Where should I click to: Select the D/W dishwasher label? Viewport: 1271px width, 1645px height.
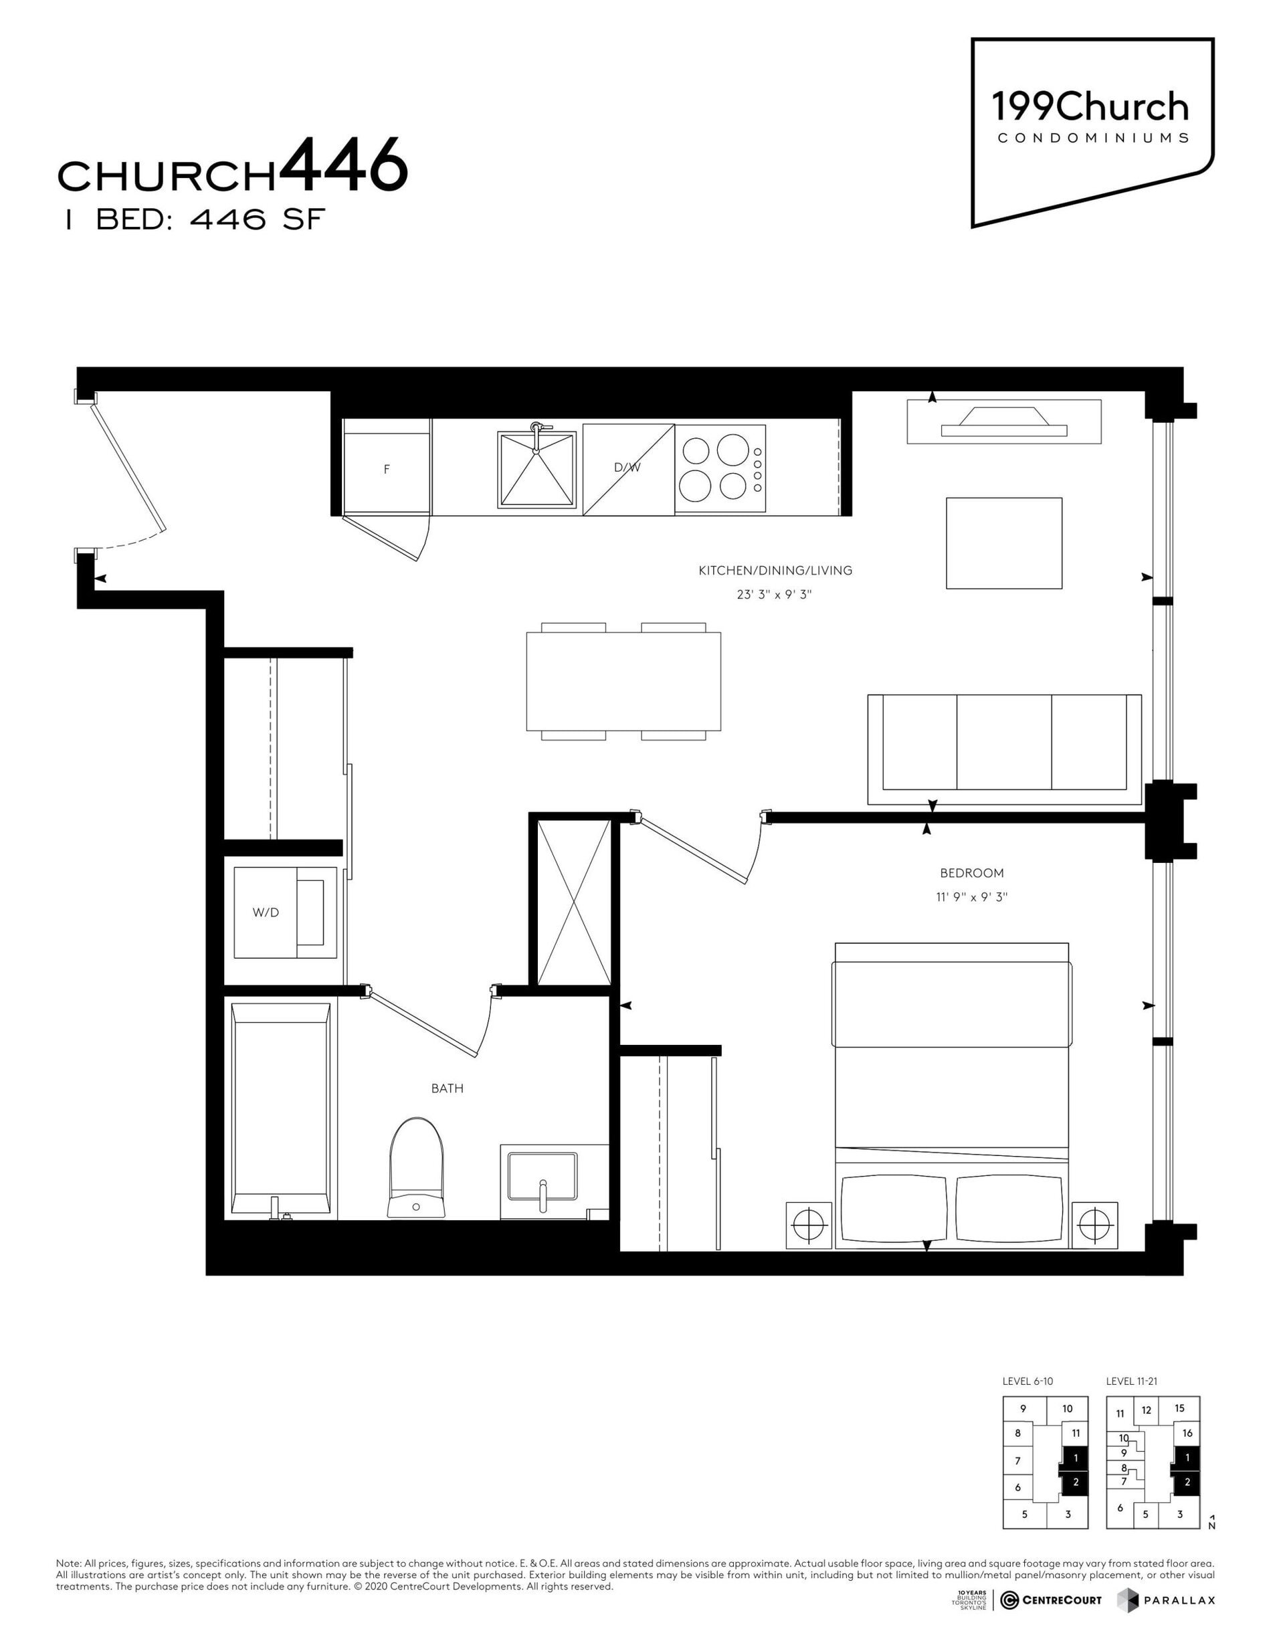(627, 467)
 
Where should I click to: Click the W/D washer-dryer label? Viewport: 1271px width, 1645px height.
(266, 912)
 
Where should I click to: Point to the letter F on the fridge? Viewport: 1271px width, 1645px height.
(387, 469)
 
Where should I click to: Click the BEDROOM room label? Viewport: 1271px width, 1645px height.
(972, 873)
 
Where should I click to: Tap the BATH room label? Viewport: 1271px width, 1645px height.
(448, 1088)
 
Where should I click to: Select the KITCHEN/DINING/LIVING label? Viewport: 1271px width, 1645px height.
(775, 571)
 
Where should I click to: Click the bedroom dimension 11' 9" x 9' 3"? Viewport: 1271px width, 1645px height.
(972, 897)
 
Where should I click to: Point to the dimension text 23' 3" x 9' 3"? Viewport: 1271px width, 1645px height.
(775, 595)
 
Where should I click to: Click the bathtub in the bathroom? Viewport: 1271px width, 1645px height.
(282, 1109)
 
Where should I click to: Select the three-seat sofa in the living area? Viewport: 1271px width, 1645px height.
(1005, 749)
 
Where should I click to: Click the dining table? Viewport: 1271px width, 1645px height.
(623, 681)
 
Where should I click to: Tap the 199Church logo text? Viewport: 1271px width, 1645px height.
(1090, 108)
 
